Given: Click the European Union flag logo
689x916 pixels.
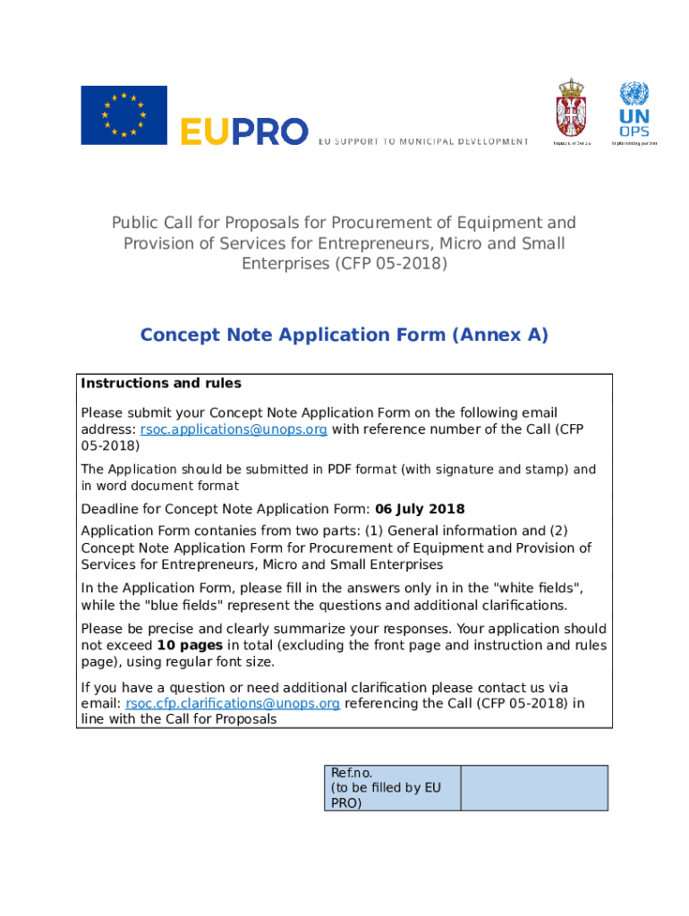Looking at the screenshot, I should (123, 115).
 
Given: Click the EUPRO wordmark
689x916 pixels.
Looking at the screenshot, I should (244, 131).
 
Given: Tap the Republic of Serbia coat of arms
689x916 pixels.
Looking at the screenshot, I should (572, 111).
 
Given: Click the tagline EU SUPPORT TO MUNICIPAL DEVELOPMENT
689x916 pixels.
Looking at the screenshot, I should (423, 141).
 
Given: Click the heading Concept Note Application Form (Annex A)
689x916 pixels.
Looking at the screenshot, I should (344, 335).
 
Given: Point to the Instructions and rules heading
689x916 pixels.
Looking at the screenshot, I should (161, 384).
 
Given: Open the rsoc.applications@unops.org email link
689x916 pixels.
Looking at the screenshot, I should (234, 429).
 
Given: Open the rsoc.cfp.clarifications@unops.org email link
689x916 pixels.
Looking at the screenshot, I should (233, 704).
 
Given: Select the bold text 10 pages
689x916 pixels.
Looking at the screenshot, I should (190, 646).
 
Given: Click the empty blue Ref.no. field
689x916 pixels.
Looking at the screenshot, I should (534, 788).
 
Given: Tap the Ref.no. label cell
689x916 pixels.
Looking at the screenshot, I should (391, 788).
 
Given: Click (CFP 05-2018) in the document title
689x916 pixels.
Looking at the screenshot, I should (390, 264).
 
